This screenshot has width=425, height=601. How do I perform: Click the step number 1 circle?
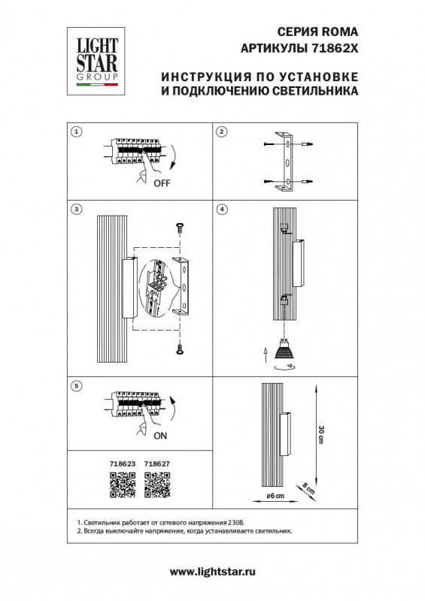76,132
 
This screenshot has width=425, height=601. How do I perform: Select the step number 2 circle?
222,132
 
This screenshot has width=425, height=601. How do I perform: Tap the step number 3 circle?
76,208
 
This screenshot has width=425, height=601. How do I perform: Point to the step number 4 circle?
222,208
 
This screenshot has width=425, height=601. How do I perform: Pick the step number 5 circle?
76,385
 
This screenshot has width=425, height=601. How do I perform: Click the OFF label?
162,183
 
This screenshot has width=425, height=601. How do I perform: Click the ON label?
160,435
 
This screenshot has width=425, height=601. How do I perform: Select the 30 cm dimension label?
321,434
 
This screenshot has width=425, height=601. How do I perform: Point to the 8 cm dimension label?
309,487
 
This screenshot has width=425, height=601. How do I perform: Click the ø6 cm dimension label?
276,497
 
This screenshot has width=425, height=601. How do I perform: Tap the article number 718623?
122,465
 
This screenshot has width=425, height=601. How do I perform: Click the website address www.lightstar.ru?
214,572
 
